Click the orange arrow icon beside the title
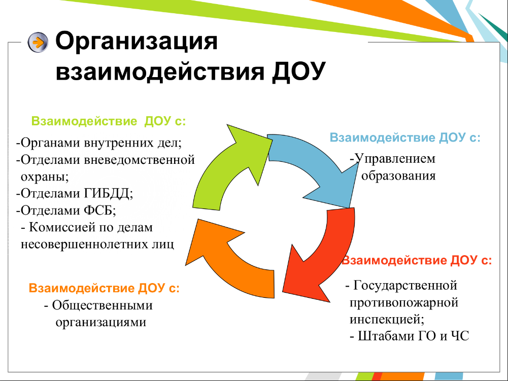38,43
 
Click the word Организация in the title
137,42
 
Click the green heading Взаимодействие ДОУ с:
109,121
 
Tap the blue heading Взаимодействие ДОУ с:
405,137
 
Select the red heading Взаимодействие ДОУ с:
417,260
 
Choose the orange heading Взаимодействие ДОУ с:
104,288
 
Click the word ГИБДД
109,193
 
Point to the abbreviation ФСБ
100,211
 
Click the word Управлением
395,159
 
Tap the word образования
398,176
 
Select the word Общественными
103,305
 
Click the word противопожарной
404,303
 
